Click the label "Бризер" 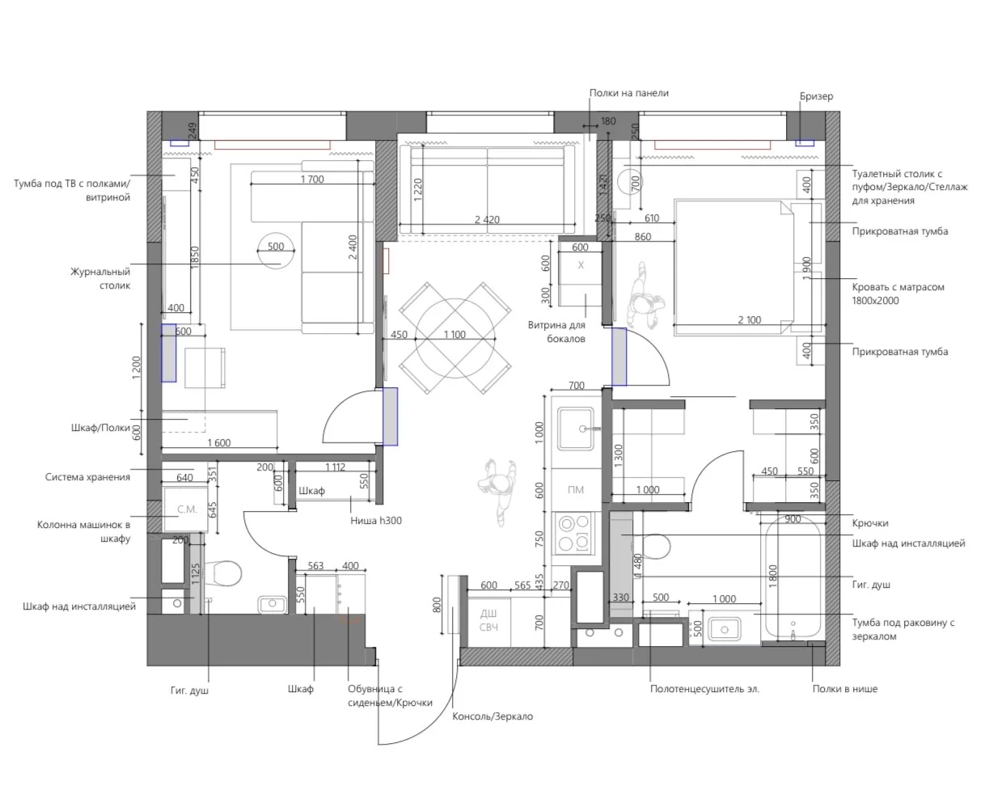click(816, 96)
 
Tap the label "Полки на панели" click(628, 93)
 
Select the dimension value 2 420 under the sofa click(487, 220)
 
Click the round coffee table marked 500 click(276, 251)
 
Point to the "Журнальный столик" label click(100, 278)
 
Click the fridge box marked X click(580, 266)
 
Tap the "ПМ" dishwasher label click(576, 489)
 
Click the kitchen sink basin click(576, 429)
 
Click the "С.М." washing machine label click(187, 509)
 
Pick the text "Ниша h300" click(375, 521)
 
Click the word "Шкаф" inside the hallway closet click(311, 491)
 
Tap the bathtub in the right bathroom click(792, 581)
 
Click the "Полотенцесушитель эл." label click(704, 689)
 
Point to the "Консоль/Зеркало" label click(492, 716)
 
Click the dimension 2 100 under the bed click(749, 319)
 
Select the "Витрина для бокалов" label click(556, 332)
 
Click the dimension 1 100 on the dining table click(454, 335)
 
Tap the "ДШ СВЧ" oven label click(488, 620)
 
